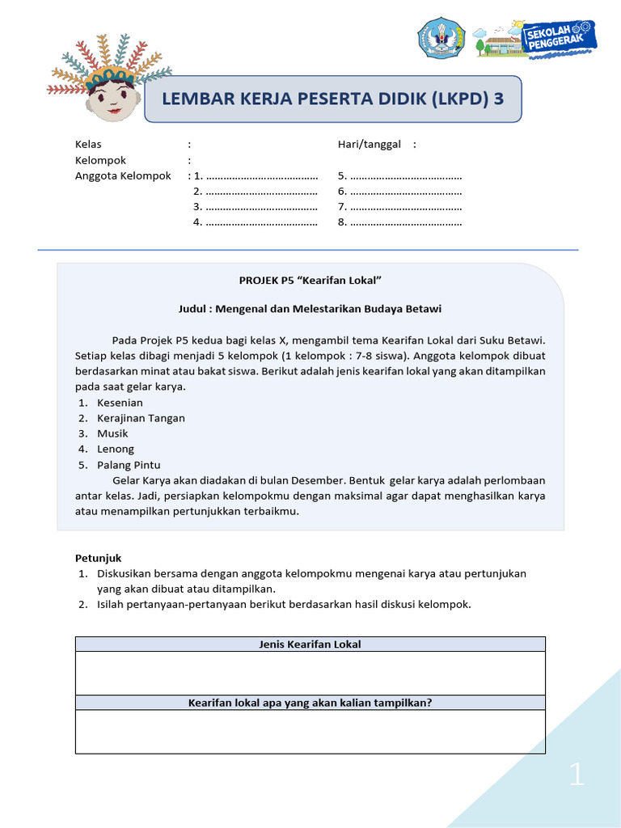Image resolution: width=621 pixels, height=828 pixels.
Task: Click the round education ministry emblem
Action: click(x=441, y=38)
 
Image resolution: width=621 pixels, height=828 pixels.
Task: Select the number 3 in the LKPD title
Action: click(x=498, y=99)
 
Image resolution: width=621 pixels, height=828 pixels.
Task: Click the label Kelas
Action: click(x=88, y=145)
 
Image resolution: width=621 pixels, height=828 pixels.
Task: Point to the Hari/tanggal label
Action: click(x=370, y=145)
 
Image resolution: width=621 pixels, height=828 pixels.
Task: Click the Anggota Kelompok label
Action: click(x=123, y=175)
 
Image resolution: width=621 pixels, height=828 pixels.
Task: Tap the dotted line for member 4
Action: click(x=261, y=222)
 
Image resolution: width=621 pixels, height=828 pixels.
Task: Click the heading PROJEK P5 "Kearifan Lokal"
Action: click(x=310, y=280)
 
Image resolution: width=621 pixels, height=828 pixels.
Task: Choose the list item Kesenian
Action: click(x=120, y=403)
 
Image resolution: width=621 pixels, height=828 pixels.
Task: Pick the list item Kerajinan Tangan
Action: click(x=141, y=418)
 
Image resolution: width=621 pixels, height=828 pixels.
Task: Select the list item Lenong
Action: click(x=116, y=449)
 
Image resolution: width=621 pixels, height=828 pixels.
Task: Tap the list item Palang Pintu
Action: click(x=129, y=465)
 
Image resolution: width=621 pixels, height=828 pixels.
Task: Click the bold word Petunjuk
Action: click(x=98, y=558)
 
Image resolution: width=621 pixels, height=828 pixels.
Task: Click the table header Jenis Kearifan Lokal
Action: click(x=310, y=644)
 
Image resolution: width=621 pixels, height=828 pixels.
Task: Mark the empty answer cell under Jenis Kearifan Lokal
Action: click(x=310, y=673)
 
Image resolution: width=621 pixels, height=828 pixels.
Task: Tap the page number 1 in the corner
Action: click(x=576, y=776)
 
